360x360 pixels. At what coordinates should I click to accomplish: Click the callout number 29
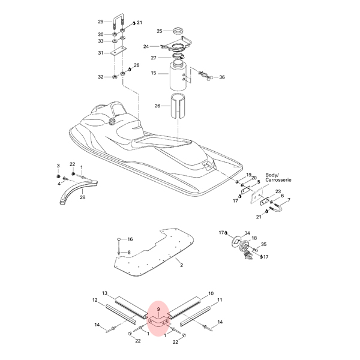101,22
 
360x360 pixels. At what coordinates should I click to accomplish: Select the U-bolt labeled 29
118,16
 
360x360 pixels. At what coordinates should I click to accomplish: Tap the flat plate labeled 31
118,50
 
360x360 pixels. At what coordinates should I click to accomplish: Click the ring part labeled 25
179,31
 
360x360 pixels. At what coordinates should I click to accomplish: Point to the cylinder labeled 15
178,76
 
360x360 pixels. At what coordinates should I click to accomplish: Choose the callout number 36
222,77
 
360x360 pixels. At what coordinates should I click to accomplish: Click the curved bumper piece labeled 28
78,191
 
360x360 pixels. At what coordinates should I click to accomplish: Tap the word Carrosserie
278,180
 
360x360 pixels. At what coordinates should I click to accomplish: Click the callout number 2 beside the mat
181,265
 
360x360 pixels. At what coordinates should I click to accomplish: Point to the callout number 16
130,239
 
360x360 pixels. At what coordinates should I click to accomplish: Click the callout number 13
104,293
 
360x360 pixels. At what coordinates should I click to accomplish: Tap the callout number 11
220,300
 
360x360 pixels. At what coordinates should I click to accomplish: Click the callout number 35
263,244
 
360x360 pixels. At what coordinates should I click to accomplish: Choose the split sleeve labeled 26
178,107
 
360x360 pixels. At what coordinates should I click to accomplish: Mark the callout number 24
146,47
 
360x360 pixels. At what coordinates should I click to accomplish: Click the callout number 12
95,300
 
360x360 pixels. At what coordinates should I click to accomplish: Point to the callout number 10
211,293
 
